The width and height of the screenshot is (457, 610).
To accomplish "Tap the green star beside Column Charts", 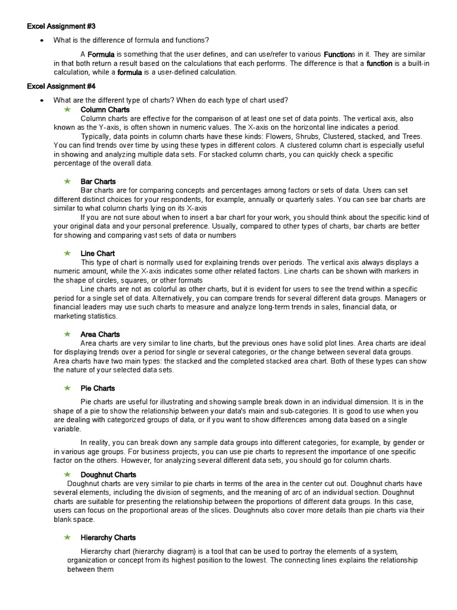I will tap(67, 110).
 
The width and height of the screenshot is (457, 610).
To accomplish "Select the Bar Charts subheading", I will tap(98, 181).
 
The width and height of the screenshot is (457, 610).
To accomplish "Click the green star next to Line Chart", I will tap(67, 253).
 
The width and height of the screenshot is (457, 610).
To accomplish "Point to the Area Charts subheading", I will tap(100, 334).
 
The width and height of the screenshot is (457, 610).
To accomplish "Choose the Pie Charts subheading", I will tap(98, 388).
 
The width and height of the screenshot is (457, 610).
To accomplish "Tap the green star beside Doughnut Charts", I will tap(67, 474).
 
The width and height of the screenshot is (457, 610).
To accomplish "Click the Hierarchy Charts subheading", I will tap(108, 537).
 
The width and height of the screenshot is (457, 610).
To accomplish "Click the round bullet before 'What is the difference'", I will tap(41, 41).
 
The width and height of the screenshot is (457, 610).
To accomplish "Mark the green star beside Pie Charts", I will tap(67, 388).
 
